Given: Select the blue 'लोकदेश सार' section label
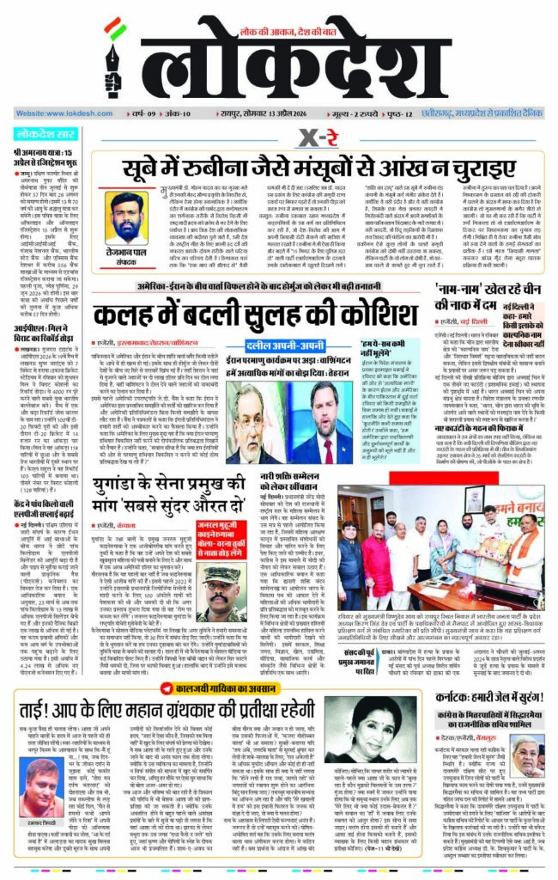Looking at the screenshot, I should [x=44, y=134].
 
